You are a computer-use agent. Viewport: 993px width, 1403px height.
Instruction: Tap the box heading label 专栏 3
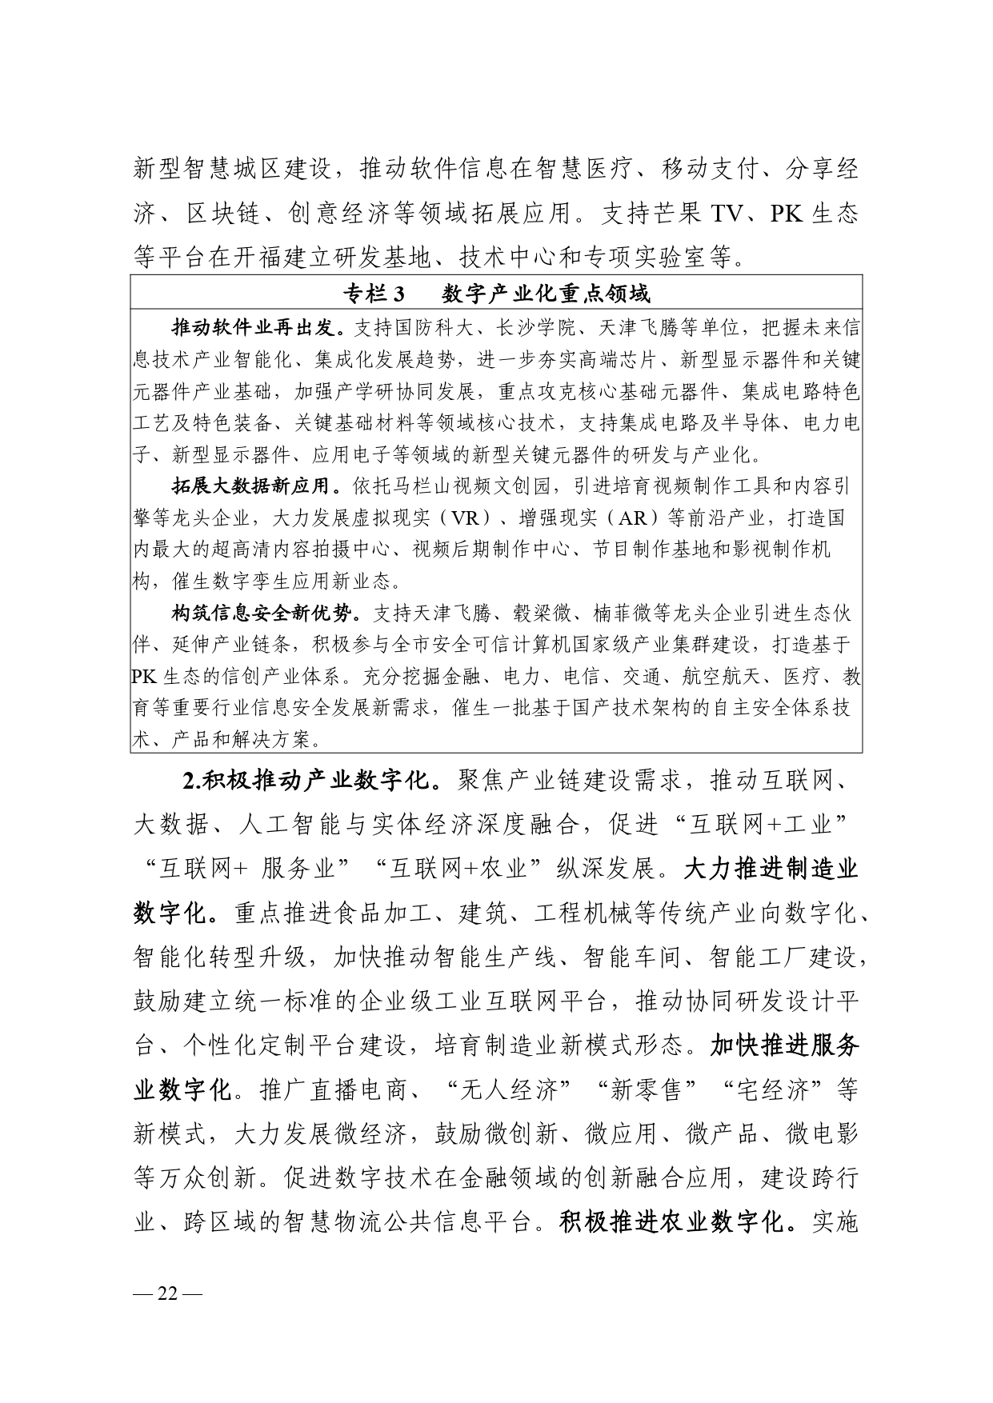(375, 294)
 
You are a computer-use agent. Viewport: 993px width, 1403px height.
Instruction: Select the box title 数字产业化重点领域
(547, 294)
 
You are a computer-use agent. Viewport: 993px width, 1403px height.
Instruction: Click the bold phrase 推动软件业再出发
(256, 328)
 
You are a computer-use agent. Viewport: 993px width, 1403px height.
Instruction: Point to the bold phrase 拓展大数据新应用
(256, 486)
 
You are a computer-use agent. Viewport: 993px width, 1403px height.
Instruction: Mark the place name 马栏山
(452, 486)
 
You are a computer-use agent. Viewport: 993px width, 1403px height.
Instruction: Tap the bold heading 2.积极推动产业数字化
(306, 781)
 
